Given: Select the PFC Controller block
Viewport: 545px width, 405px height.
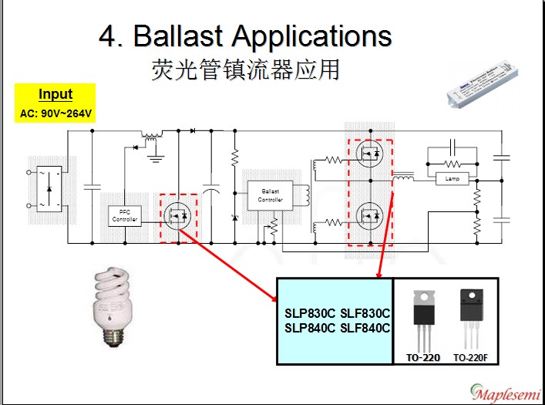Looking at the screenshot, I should (124, 215).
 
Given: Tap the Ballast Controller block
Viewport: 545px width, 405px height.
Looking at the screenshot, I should (270, 195).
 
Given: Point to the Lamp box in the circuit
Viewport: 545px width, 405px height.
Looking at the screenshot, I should (452, 179).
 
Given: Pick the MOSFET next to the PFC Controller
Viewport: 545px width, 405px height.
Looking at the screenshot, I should (178, 214).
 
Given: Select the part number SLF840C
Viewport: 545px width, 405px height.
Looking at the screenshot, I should (365, 328).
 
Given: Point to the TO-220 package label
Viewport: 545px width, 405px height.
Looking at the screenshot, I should (424, 358).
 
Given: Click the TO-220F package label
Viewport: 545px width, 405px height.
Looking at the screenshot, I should (471, 358).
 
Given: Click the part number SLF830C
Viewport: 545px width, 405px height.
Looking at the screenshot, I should (365, 313).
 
